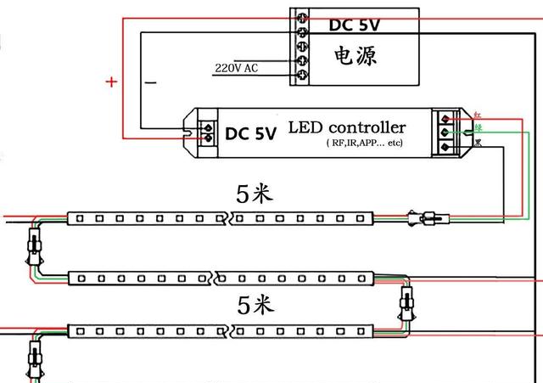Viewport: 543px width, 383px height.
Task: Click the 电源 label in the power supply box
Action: tap(354, 56)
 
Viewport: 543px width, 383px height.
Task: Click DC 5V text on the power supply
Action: tap(355, 25)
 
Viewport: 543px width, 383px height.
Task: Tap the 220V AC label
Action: tap(237, 67)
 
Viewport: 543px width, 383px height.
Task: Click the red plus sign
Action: tap(111, 82)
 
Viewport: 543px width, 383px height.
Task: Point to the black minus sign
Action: tap(150, 82)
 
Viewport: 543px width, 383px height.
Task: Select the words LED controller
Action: tap(347, 127)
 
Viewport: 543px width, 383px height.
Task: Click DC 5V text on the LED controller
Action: tap(250, 133)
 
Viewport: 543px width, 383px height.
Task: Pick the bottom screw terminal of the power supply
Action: tap(299, 76)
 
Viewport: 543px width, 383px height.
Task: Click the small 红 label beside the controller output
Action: tap(478, 113)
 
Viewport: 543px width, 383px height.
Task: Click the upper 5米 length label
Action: tap(255, 194)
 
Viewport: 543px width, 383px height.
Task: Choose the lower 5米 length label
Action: tap(255, 304)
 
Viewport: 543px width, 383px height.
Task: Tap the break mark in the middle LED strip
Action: tap(218, 278)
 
